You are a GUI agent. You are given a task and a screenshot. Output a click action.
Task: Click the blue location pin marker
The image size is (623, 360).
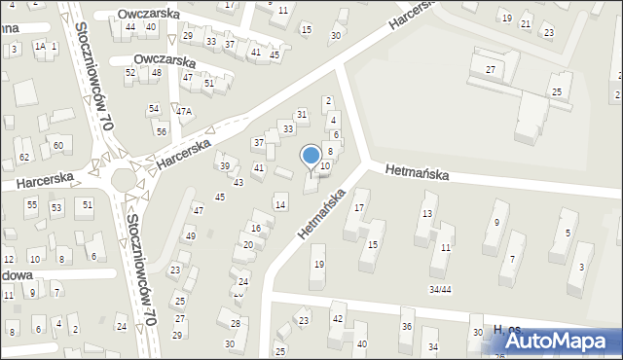coord(311,156)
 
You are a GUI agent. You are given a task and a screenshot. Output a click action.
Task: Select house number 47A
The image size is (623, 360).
coord(183,112)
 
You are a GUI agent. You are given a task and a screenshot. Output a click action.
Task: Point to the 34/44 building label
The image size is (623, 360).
coord(440,289)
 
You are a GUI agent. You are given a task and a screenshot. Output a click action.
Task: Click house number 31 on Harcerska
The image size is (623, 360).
coord(302,115)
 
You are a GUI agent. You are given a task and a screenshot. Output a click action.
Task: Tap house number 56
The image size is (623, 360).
coord(161,131)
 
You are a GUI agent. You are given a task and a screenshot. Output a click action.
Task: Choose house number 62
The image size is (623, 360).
coord(24,157)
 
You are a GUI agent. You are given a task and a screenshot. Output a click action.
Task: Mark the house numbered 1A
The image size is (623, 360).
coord(39,46)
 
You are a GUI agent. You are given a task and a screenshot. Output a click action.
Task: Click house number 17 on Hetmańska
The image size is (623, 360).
coord(359,207)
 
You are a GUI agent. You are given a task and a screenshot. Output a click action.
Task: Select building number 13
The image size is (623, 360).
coord(426,213)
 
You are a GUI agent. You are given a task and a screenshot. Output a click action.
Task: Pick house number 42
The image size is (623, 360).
coord(338,318)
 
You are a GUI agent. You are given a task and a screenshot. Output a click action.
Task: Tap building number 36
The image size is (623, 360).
coord(406,326)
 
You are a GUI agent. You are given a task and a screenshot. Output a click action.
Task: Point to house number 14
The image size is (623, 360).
coord(280,204)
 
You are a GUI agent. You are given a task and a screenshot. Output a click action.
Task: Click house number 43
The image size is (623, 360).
coord(238,183)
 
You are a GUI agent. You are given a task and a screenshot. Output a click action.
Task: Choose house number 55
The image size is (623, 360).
coord(32,204)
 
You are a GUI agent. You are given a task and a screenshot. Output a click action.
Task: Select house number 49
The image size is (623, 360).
coord(190,236)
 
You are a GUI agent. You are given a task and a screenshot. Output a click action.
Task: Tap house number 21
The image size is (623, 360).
coord(526,23)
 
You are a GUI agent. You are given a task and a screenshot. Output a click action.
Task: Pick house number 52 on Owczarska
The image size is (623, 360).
coord(129,73)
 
